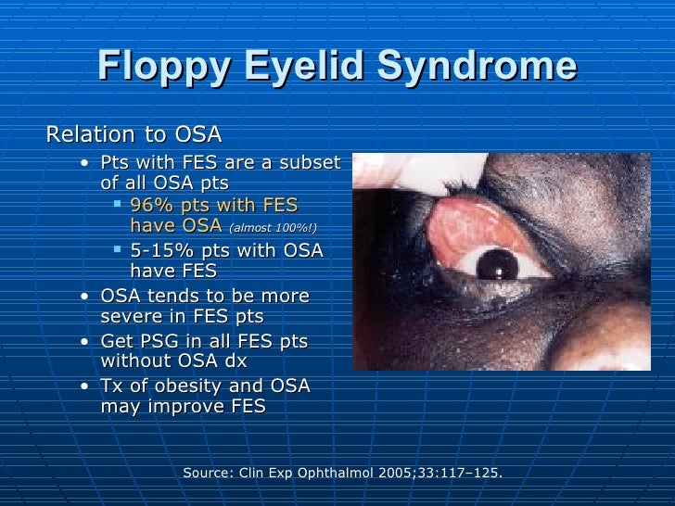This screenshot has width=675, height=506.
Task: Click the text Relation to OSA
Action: coord(134,135)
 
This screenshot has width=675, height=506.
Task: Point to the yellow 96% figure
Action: coord(150,206)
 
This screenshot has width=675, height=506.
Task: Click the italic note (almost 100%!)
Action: coord(277,227)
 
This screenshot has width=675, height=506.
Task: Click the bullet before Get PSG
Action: coord(85,341)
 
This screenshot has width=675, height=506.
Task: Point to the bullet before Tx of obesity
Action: coord(85,386)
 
